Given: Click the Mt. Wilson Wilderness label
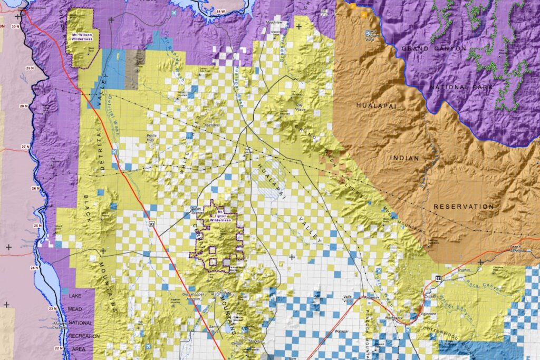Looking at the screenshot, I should pyautogui.click(x=82, y=36).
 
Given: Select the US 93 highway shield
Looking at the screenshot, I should pyautogui.click(x=152, y=223).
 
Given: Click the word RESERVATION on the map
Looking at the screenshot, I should pyautogui.click(x=464, y=207).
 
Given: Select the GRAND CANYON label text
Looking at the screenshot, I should pyautogui.click(x=434, y=48).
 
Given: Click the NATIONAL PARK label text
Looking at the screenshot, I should pyautogui.click(x=461, y=86).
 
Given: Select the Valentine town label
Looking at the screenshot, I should pyautogui.click(x=428, y=314).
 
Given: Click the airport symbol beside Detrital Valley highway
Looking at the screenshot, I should pyautogui.click(x=115, y=153).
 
